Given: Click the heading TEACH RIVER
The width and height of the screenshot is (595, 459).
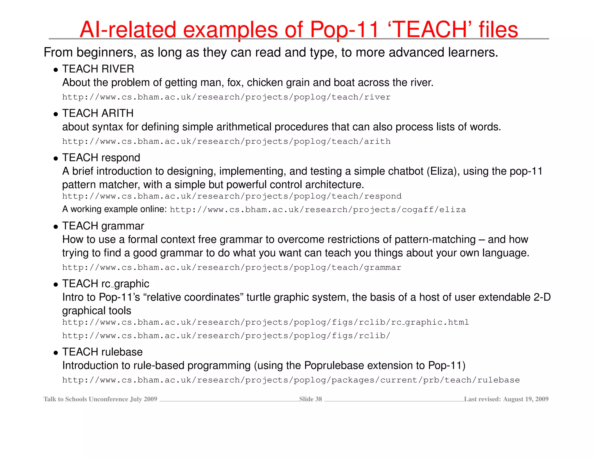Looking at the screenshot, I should click(98, 69).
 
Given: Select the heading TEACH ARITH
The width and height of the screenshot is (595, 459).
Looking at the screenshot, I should click(98, 113).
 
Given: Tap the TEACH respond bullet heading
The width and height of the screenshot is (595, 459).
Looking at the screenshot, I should click(101, 158).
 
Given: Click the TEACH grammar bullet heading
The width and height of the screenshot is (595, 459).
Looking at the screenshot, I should click(103, 226).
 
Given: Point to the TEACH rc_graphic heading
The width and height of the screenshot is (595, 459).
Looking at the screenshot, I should click(105, 284).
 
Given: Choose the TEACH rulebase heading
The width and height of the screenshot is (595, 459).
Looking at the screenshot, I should click(102, 352).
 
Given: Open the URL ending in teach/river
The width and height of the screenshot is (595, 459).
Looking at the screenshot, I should click(226, 97).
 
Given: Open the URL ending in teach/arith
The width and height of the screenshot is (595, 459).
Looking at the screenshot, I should click(226, 142).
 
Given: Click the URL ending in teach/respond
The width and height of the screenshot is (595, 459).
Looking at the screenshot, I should click(232, 196).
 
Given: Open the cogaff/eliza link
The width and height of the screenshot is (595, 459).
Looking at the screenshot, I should click(318, 210).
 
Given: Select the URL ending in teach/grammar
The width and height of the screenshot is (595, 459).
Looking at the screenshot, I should click(232, 268).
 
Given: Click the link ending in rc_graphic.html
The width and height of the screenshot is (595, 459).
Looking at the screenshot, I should click(266, 322).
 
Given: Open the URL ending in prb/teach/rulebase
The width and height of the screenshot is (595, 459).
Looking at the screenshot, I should click(291, 380).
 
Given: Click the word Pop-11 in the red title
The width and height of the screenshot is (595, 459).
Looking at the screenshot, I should click(345, 30).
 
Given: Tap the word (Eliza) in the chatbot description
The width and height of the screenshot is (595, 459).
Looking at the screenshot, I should click(443, 171).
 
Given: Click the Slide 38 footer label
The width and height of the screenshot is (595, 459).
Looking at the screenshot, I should click(311, 399).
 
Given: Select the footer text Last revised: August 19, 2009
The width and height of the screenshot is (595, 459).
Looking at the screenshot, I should click(506, 399).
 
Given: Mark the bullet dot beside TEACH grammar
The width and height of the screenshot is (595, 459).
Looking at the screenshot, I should click(56, 227).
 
